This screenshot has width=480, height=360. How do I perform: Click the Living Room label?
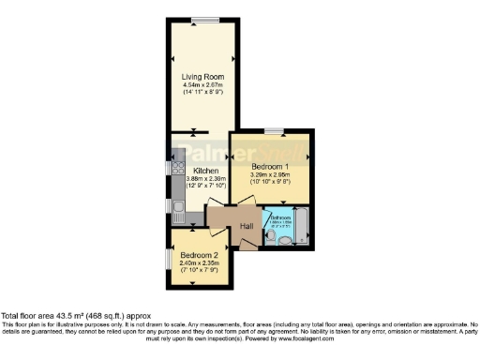(202, 78)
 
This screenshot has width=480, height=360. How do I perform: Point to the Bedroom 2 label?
(199, 255)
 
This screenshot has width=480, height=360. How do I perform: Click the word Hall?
(247, 226)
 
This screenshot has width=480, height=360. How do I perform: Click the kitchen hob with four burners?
(176, 170)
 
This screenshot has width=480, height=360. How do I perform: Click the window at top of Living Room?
(201, 21)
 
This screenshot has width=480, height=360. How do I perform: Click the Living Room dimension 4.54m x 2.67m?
(202, 86)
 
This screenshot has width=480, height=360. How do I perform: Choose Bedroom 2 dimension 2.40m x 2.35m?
(199, 263)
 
